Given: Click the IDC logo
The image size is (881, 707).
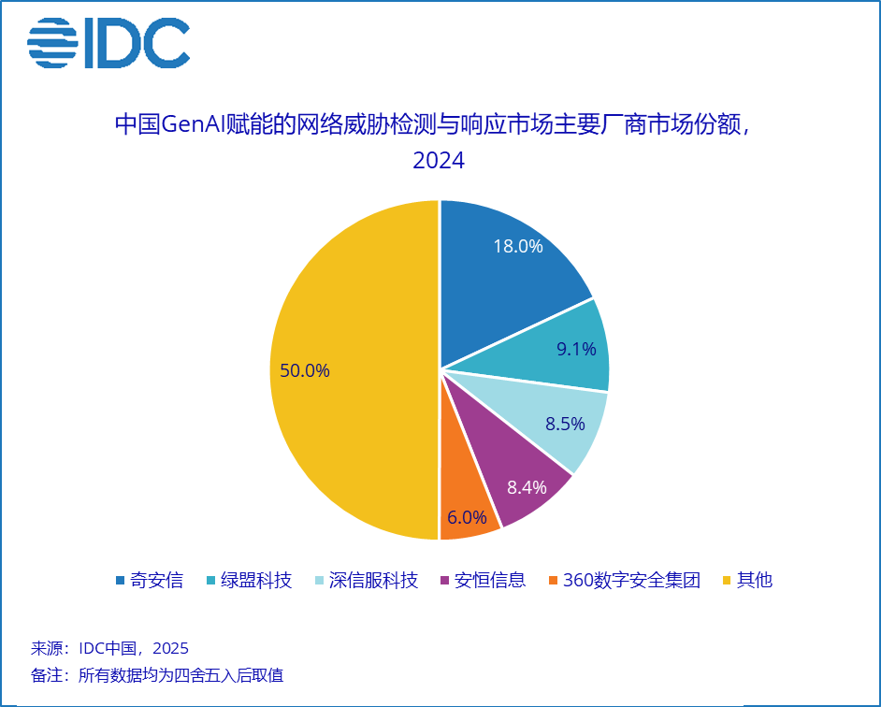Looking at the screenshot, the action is tap(108, 43).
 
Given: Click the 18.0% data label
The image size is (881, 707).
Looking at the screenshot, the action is tap(518, 246).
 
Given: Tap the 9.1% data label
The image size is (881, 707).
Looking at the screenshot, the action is tap(576, 349).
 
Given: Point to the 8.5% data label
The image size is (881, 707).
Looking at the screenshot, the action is tap(565, 424).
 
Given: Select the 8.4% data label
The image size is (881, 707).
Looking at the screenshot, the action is tap(527, 487).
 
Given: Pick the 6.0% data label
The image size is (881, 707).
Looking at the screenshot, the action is tap(467, 517).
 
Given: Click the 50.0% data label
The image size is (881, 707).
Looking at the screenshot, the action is tap(305, 370).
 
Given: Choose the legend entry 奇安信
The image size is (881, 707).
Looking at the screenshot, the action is tap(150, 580).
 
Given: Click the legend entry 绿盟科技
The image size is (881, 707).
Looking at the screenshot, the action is tap(250, 580).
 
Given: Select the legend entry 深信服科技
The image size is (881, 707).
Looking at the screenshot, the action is tap(367, 580).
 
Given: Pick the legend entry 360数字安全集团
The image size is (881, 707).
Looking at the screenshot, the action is tap(625, 580).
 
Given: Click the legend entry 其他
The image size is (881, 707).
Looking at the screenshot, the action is tap(748, 580).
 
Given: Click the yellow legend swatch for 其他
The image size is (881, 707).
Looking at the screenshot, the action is tap(727, 580).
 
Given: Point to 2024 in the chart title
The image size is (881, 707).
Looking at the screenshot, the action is tap(439, 161).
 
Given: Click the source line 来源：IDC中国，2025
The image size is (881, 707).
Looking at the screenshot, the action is tap(109, 649).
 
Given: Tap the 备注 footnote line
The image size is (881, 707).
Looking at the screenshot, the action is tap(157, 675).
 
